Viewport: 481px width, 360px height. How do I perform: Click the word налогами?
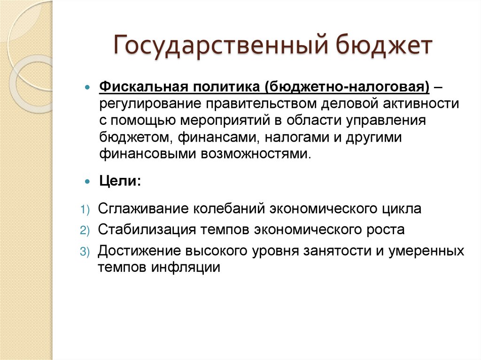point(298,137)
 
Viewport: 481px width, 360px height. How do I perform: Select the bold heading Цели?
point(119,181)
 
